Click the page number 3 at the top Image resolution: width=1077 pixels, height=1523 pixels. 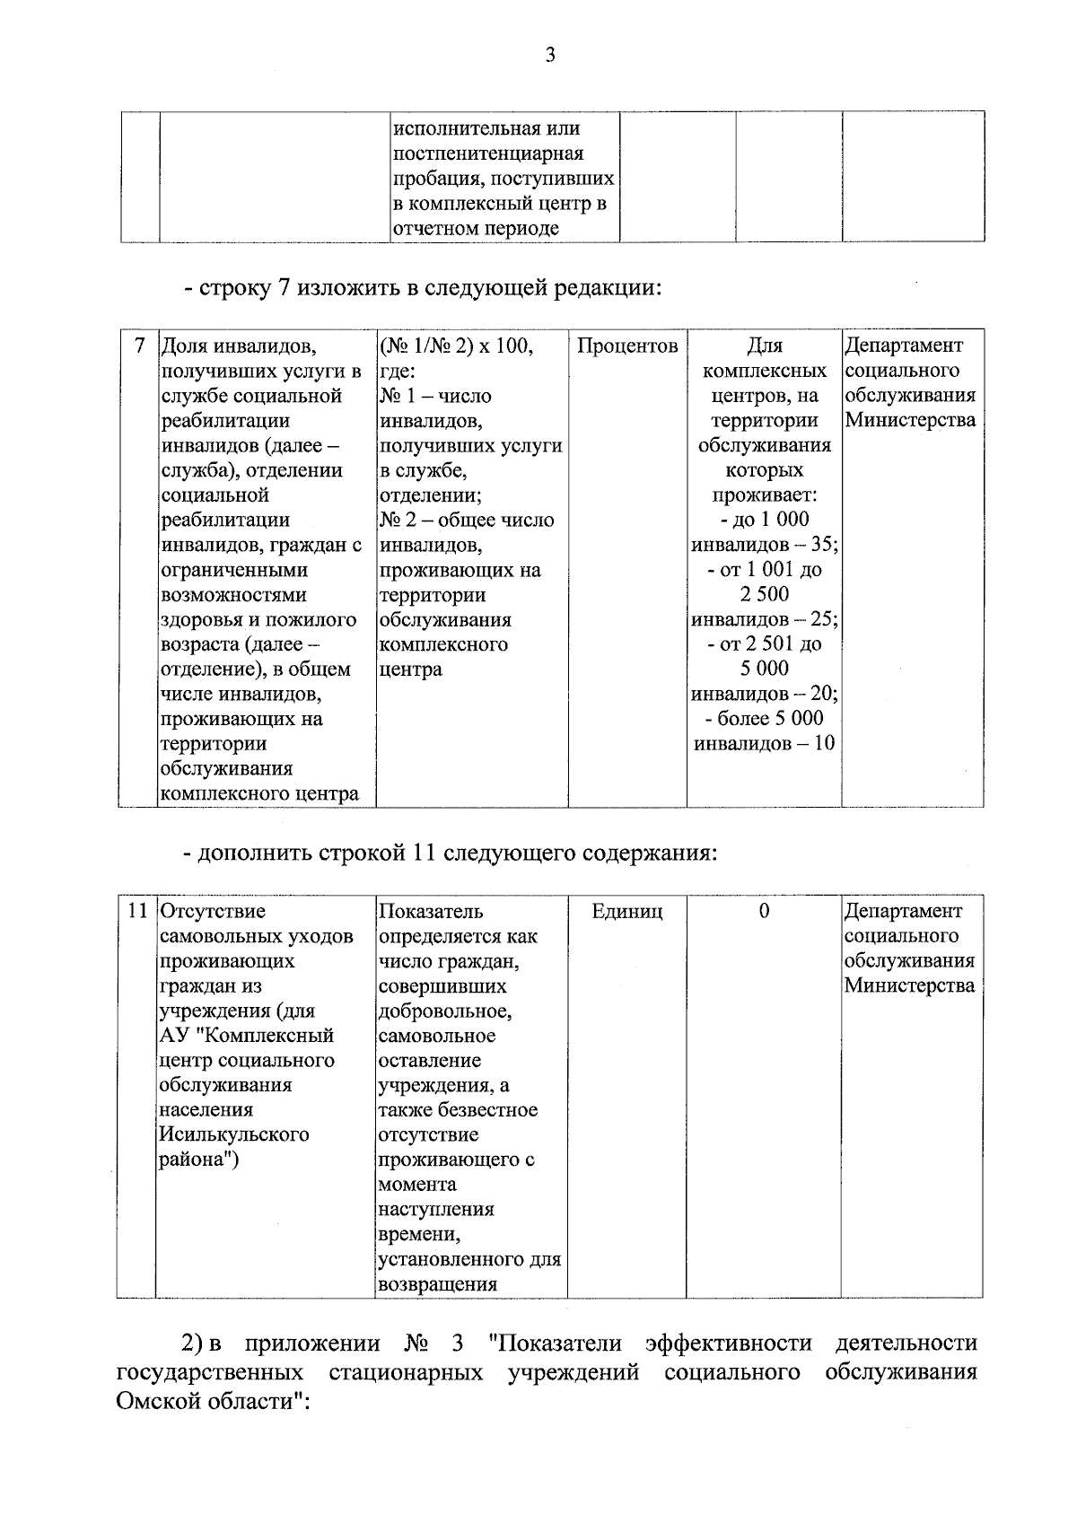pos(550,56)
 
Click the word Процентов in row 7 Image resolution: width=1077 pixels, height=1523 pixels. pos(626,346)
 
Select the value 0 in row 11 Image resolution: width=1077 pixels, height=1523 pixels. pos(764,911)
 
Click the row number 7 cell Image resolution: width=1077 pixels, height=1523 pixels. pos(139,346)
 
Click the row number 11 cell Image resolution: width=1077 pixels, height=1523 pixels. pos(136,911)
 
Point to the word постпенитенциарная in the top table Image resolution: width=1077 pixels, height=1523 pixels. pos(488,153)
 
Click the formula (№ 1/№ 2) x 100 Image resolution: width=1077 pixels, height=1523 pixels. pos(456,346)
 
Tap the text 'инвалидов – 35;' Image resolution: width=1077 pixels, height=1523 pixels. pos(765,544)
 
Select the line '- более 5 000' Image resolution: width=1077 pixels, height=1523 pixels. pos(764,718)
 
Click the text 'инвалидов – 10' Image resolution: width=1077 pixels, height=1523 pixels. pos(765,743)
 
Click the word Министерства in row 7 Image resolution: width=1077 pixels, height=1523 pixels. pos(909,420)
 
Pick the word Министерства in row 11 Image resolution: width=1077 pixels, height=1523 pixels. pos(909,985)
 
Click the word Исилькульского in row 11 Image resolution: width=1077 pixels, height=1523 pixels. pos(234,1134)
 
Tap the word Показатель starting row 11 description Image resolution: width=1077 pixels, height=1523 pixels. pos(431,911)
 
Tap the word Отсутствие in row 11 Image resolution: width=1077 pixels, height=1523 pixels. pos(213,911)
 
